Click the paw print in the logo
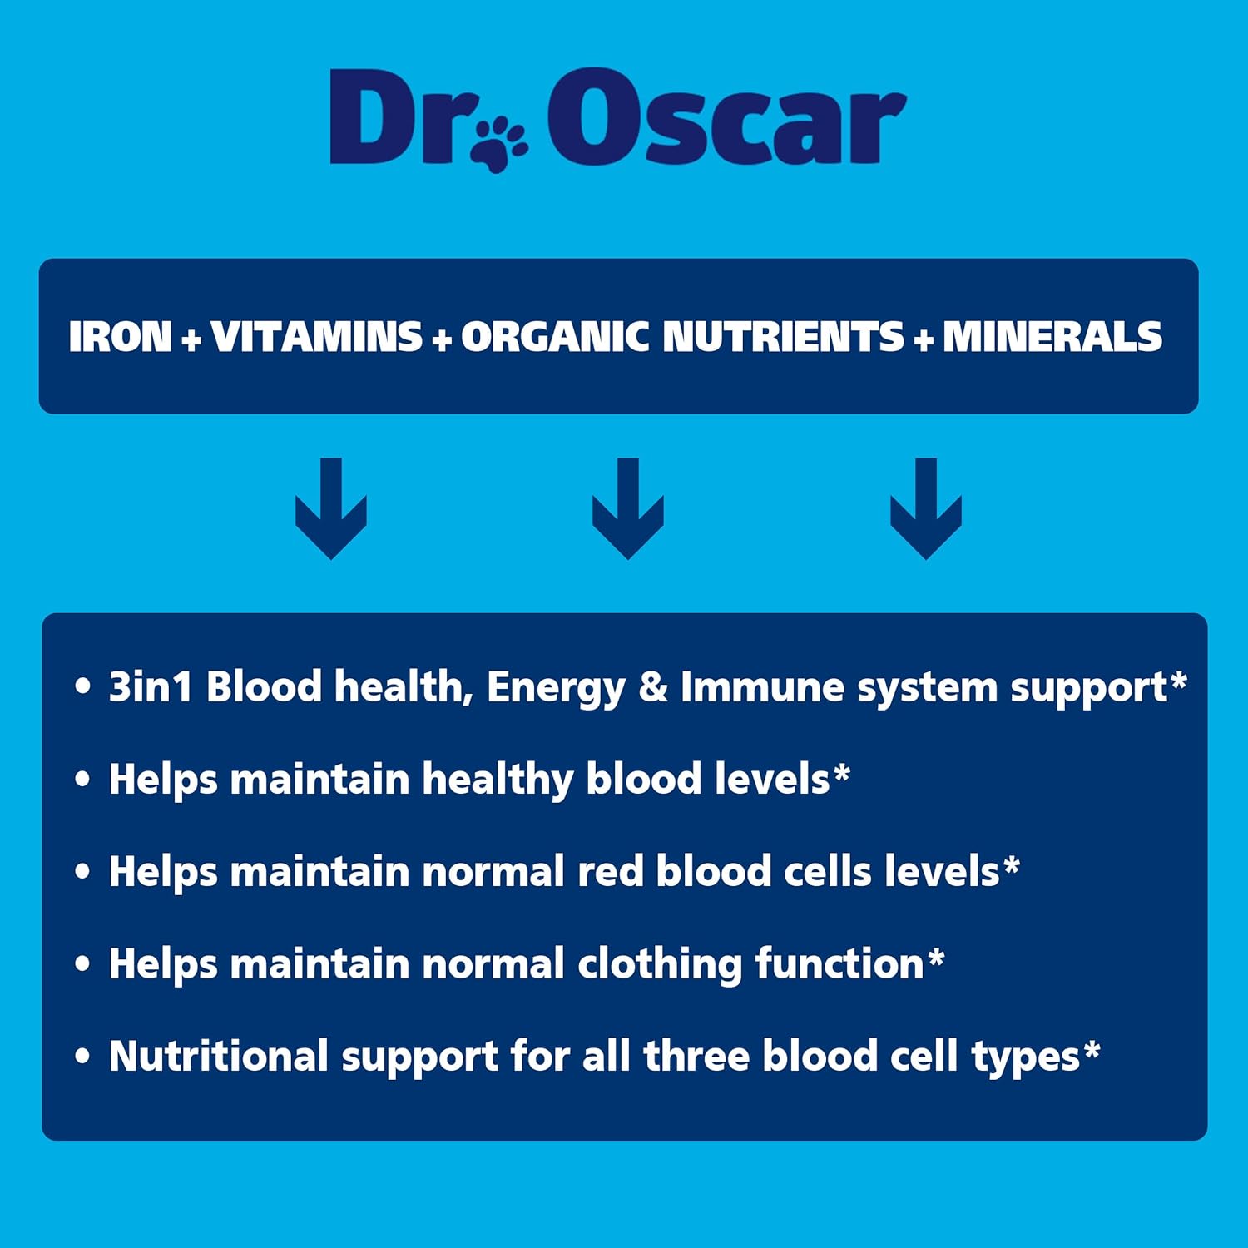pos(499,143)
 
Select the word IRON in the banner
pos(120,337)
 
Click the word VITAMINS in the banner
pos(317,337)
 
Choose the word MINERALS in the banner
pos(1052,337)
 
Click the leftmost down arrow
pos(331,508)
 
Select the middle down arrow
pos(628,508)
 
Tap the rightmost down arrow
pos(925,508)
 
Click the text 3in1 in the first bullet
pos(151,687)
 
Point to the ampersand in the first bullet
pos(653,688)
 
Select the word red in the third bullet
pos(611,872)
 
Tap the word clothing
pos(660,965)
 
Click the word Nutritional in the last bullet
pos(219,1057)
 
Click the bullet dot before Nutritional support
pos(82,1057)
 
